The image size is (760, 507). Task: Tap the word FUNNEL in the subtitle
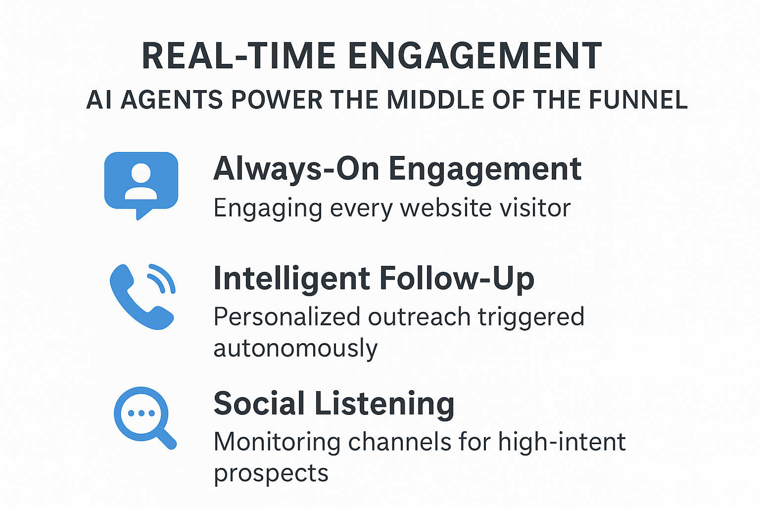tap(638, 100)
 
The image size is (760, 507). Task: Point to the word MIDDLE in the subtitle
tap(435, 100)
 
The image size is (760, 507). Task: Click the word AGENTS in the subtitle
tap(172, 100)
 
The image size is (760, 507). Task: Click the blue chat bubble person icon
tap(141, 186)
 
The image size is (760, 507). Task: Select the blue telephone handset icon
tap(142, 297)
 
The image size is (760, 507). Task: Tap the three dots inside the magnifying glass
tap(141, 413)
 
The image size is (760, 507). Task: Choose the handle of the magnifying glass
tap(166, 439)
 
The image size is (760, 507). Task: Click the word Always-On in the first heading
tap(296, 169)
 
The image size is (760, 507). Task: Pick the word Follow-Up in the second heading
tap(457, 278)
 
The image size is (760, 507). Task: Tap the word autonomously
tap(295, 348)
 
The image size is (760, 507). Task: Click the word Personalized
tap(286, 317)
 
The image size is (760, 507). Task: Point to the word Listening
tap(384, 404)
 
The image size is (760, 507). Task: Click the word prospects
tap(271, 473)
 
